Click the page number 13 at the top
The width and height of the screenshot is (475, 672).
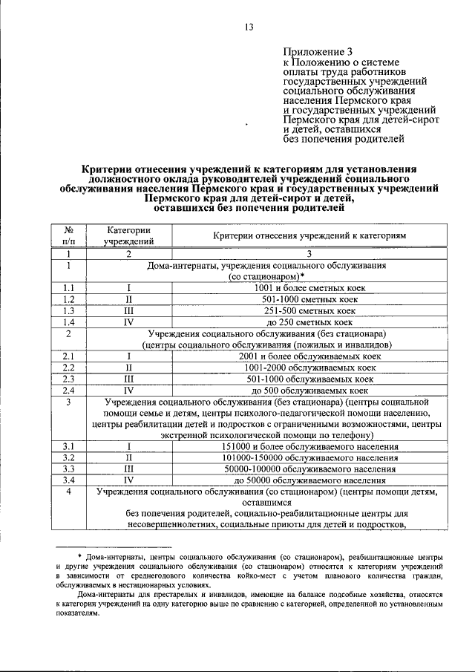pos(249,27)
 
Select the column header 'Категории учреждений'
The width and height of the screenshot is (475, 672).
pos(128,235)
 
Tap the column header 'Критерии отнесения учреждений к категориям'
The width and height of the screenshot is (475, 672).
pos(309,235)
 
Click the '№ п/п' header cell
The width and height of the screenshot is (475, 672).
pos(68,235)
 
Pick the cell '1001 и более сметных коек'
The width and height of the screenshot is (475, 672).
pos(309,287)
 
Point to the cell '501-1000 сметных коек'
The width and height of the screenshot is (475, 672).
pos(309,299)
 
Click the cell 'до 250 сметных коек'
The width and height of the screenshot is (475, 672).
pos(309,323)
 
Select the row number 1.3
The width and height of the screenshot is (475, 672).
pos(68,311)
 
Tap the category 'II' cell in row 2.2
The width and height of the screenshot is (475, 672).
pos(128,368)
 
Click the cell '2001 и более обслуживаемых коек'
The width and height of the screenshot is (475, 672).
pos(309,356)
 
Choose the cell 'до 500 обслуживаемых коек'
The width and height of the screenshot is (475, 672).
pos(309,390)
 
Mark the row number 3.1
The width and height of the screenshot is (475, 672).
pos(68,446)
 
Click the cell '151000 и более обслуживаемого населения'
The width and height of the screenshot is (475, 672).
pos(309,446)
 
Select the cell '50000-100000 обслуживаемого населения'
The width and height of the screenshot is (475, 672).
pos(309,469)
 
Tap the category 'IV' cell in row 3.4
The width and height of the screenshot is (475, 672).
pos(128,480)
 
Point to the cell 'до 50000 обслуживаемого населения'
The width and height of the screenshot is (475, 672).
pos(309,480)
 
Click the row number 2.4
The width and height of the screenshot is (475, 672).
pos(68,390)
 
